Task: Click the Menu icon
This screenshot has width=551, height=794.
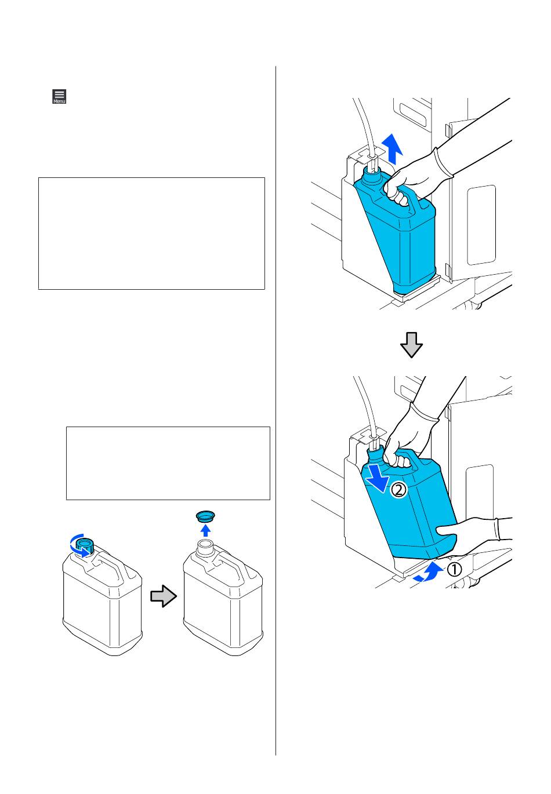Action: tap(59, 96)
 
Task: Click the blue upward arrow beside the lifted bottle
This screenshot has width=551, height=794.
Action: tap(392, 149)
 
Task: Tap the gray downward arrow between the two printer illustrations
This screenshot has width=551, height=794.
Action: tap(411, 344)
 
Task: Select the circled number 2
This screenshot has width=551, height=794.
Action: tap(399, 490)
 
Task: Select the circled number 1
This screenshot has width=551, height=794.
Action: tap(454, 570)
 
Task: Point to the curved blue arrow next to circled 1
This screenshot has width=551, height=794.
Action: tap(429, 573)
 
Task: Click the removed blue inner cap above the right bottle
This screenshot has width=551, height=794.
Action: tap(205, 516)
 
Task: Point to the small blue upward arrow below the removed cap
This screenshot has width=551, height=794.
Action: tap(205, 530)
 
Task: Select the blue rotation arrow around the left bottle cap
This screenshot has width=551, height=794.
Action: tap(79, 546)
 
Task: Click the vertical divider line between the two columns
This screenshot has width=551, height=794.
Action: tap(275, 411)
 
